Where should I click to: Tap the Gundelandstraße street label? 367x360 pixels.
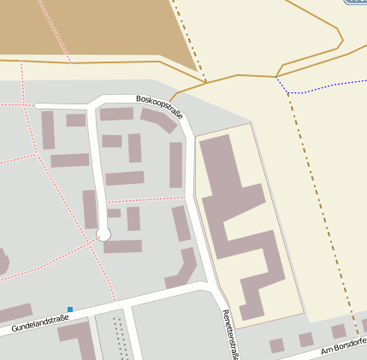(x=40, y=322)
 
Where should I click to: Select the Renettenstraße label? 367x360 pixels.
(x=228, y=333)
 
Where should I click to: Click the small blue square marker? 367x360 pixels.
(x=70, y=309)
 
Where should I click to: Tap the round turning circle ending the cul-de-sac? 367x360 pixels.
(x=104, y=233)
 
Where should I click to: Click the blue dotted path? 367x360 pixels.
(x=325, y=86)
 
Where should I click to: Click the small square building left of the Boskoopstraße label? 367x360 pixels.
(x=76, y=120)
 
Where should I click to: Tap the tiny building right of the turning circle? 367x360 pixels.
(x=115, y=213)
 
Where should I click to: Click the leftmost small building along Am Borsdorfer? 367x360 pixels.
(x=276, y=345)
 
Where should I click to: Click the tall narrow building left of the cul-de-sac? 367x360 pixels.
(x=90, y=209)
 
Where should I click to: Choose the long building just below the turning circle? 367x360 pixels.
(x=122, y=246)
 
